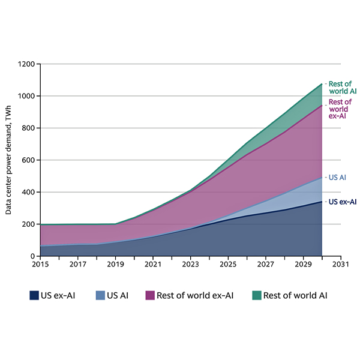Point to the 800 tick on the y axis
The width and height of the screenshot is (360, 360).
pos(29,128)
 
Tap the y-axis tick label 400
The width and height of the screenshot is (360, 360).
pos(29,192)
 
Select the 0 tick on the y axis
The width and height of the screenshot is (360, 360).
pos(34,256)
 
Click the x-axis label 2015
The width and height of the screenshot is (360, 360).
pos(40,264)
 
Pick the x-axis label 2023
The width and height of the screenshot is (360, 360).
pos(191,264)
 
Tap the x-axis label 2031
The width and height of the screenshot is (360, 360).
pos(341,264)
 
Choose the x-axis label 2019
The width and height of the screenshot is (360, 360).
pos(115,264)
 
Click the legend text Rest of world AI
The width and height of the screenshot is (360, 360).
pos(295,295)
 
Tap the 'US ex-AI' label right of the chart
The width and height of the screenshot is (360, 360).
pos(342,202)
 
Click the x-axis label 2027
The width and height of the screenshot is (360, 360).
pos(266,264)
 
